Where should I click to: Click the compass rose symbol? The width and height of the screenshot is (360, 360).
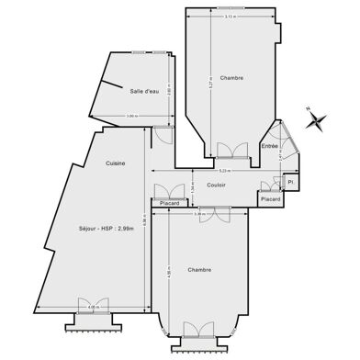316,119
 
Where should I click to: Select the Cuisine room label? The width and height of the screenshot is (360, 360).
115,163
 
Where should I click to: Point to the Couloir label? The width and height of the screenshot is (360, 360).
217,186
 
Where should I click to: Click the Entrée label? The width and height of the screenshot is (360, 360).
269,145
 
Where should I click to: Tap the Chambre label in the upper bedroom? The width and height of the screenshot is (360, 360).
231,78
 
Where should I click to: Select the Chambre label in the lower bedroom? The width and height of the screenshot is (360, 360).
199,270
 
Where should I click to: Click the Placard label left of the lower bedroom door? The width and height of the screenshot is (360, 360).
170,203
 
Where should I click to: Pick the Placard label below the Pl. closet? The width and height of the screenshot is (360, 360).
270,198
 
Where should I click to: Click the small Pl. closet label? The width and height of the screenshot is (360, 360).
289,182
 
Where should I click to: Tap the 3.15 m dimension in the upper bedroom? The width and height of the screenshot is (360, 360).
231,17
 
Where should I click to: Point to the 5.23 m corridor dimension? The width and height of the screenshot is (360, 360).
224,172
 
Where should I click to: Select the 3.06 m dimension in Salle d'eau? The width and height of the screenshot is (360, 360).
131,116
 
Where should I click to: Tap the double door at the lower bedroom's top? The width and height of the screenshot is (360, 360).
217,214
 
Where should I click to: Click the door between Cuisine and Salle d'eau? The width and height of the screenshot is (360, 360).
162,134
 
